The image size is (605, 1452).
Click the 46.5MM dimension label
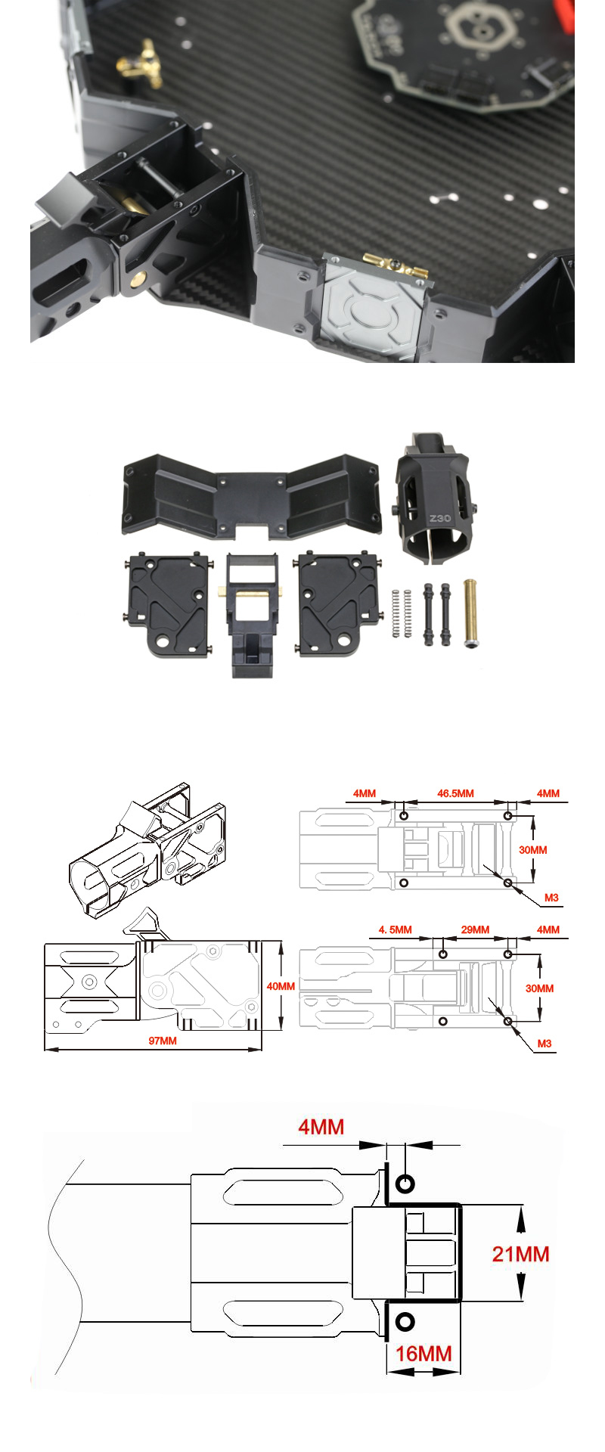(455, 793)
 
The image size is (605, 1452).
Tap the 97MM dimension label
(162, 1041)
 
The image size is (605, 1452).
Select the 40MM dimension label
(281, 986)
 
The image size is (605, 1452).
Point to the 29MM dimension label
(475, 929)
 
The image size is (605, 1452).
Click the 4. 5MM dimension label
(395, 929)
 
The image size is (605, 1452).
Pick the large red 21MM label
(520, 1254)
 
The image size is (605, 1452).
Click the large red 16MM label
(423, 1353)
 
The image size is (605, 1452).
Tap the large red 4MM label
(321, 1128)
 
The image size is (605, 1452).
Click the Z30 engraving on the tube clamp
(439, 519)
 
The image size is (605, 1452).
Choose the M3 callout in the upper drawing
(551, 898)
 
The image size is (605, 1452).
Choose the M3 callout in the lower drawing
(544, 1044)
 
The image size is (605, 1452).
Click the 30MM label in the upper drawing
(533, 850)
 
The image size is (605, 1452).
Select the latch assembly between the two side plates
(252, 613)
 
